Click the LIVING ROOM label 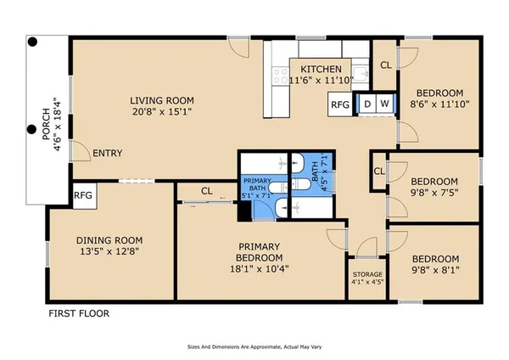[x=162, y=100]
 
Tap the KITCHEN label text [x=321, y=70]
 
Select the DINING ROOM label [x=109, y=240]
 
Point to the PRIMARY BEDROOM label [x=259, y=252]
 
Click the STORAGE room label [x=367, y=274]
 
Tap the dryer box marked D [x=367, y=104]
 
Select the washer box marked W [x=384, y=104]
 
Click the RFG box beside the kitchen [x=340, y=104]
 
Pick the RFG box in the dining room [x=84, y=195]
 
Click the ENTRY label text [x=108, y=153]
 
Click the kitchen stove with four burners [x=281, y=76]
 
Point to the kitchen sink [x=360, y=74]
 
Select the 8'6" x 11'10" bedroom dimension [x=439, y=104]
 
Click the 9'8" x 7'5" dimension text [x=434, y=193]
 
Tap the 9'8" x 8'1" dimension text [x=435, y=270]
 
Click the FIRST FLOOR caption [x=79, y=313]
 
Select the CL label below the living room [x=207, y=191]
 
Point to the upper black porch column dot [x=32, y=42]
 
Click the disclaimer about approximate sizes [x=255, y=347]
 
